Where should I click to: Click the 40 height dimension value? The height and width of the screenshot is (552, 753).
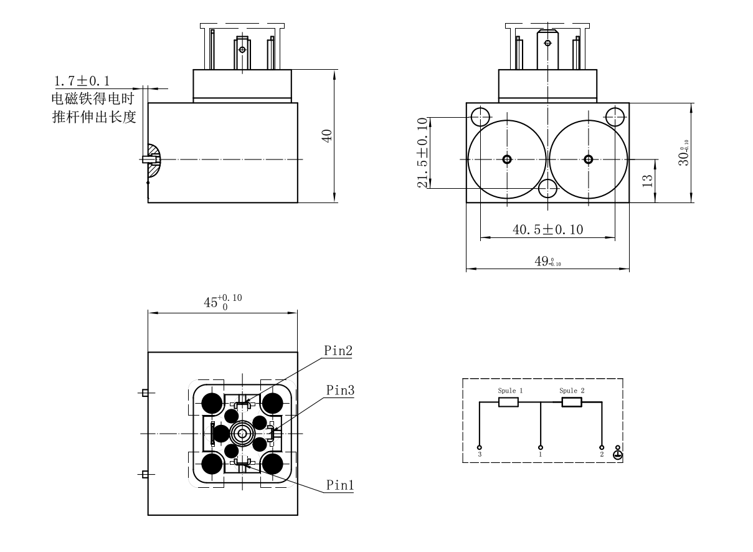click(326, 136)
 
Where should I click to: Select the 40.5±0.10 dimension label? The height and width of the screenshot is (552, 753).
click(547, 230)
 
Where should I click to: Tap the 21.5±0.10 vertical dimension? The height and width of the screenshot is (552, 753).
click(424, 152)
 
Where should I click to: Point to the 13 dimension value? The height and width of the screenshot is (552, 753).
click(647, 181)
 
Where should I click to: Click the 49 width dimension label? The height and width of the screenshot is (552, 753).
click(547, 262)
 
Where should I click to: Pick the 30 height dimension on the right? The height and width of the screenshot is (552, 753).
click(683, 152)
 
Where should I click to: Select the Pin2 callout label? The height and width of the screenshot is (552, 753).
click(338, 350)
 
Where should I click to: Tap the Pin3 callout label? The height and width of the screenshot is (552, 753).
click(340, 390)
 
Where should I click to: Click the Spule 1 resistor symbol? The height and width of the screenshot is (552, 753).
click(508, 402)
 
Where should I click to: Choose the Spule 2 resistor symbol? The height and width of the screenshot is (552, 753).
click(571, 402)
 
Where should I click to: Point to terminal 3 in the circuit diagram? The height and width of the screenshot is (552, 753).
click(480, 447)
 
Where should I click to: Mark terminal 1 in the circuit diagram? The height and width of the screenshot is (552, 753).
click(540, 447)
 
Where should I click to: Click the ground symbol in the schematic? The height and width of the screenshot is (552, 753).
click(617, 454)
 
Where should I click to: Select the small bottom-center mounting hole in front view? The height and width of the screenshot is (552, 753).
click(547, 188)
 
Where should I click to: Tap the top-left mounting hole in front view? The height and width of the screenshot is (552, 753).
click(479, 115)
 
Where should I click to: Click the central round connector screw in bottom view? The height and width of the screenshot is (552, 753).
click(242, 432)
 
